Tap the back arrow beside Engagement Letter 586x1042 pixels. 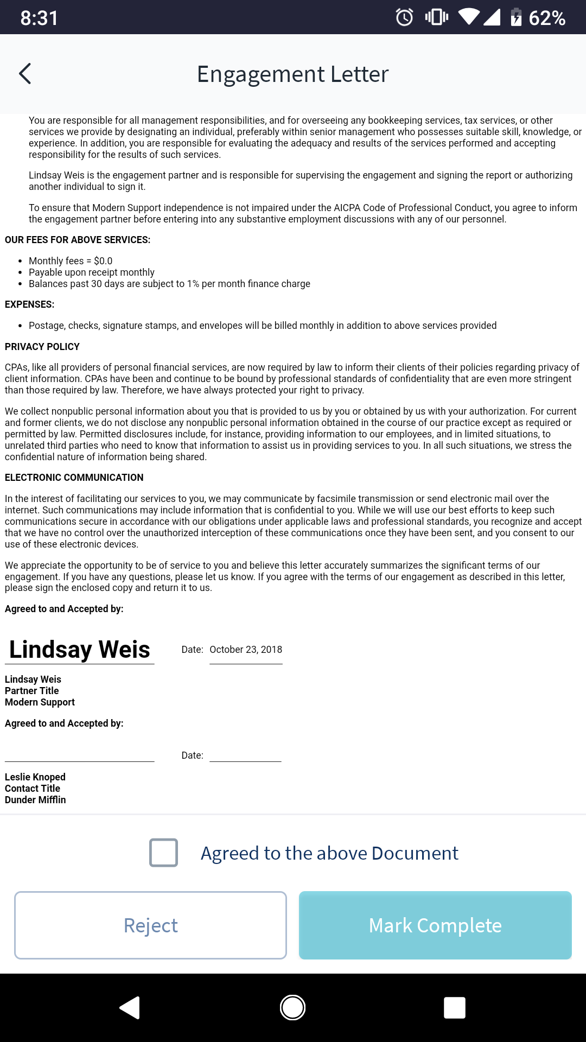25,74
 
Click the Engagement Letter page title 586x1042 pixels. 292,74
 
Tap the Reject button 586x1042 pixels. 150,925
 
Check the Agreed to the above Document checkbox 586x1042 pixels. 163,853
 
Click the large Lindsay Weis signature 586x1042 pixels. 80,650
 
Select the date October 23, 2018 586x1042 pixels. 246,650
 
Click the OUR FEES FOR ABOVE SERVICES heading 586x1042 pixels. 78,240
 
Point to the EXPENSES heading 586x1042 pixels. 30,304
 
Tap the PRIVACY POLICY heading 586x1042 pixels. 42,347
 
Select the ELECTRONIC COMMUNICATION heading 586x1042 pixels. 74,478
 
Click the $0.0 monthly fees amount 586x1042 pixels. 103,261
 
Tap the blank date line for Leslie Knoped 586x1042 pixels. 245,755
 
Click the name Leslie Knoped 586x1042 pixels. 35,777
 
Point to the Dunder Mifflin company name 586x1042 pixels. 35,800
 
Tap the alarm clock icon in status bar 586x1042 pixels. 404,17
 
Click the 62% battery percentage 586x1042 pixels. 547,18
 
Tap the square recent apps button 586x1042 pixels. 454,1008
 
